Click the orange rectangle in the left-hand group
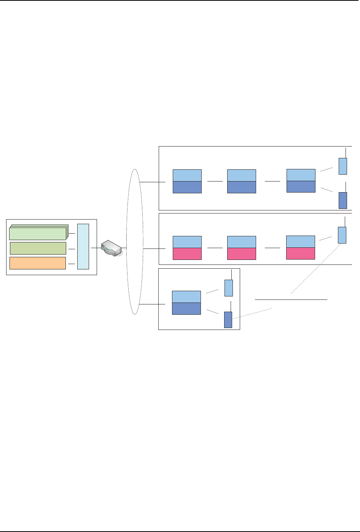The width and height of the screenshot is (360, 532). [x=37, y=263]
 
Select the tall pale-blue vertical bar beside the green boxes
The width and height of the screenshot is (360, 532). [x=83, y=246]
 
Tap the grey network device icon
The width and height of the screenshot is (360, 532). [x=113, y=248]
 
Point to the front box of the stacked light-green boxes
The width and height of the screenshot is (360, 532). [x=37, y=233]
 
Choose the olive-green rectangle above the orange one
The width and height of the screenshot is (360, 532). [x=37, y=248]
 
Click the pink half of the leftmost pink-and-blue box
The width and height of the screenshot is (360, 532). [x=187, y=253]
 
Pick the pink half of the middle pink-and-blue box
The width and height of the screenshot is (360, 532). [x=242, y=253]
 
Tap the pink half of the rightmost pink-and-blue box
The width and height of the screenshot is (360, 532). [x=301, y=253]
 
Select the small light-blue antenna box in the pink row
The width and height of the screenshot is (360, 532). [x=342, y=235]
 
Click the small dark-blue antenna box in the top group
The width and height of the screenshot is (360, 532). [x=343, y=200]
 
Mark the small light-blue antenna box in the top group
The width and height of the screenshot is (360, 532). [x=343, y=166]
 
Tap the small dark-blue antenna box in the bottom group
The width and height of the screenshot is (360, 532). [x=228, y=319]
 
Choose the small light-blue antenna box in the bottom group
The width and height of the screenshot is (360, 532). [x=229, y=288]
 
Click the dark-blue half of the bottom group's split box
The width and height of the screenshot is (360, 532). [x=186, y=309]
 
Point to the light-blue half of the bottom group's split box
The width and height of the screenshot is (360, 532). [x=186, y=297]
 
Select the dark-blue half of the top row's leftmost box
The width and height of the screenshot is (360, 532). [x=187, y=187]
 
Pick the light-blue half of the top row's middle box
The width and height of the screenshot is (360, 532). [x=242, y=175]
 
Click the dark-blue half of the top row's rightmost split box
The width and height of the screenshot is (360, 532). [x=301, y=186]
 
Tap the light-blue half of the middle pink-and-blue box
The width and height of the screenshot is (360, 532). [x=242, y=242]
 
